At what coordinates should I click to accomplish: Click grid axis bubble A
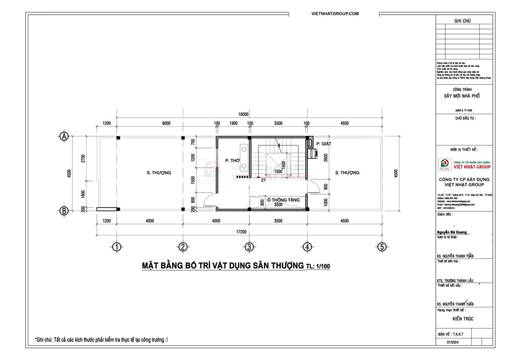click(64, 136)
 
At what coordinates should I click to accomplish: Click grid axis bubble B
click(64, 211)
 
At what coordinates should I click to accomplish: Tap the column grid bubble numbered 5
click(382, 247)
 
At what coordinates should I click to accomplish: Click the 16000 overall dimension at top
click(244, 114)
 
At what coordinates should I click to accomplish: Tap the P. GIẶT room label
click(323, 144)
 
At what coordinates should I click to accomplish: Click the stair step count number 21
click(264, 181)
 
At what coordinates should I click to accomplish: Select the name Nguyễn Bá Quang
click(453, 232)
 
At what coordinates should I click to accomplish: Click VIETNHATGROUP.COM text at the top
click(335, 12)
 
